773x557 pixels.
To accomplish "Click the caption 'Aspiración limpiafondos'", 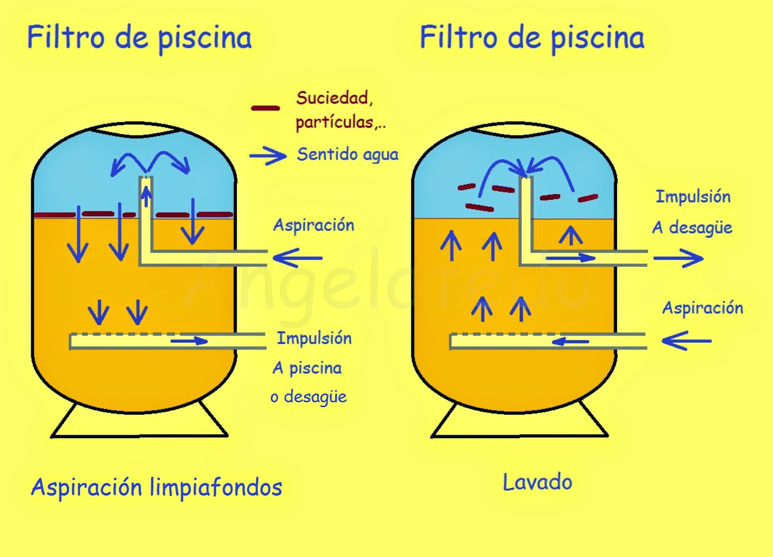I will [x=157, y=487].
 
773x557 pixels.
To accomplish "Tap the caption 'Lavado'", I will [x=537, y=483].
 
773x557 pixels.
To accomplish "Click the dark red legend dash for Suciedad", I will [x=265, y=108].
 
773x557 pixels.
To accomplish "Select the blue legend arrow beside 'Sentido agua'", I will [x=268, y=156].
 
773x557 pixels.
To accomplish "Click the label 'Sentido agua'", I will [x=347, y=155].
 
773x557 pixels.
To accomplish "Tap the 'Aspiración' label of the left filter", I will [x=314, y=225].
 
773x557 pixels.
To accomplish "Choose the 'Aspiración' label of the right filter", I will [x=702, y=308].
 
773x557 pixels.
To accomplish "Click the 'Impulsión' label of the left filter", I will [x=314, y=338].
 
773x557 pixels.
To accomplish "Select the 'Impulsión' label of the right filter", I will [x=693, y=197].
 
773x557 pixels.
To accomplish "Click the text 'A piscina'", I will [x=307, y=368].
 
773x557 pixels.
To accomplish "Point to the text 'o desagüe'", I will [x=308, y=397].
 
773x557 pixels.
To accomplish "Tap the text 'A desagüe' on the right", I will [x=692, y=227].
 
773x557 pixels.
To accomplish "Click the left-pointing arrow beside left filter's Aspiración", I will [x=297, y=258].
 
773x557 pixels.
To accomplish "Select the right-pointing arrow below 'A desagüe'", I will [x=678, y=258].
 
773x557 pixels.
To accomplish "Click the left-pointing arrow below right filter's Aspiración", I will [x=686, y=341].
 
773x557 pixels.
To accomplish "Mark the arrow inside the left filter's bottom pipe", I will [x=189, y=341].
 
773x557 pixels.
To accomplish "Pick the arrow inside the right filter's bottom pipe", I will [x=570, y=342].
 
